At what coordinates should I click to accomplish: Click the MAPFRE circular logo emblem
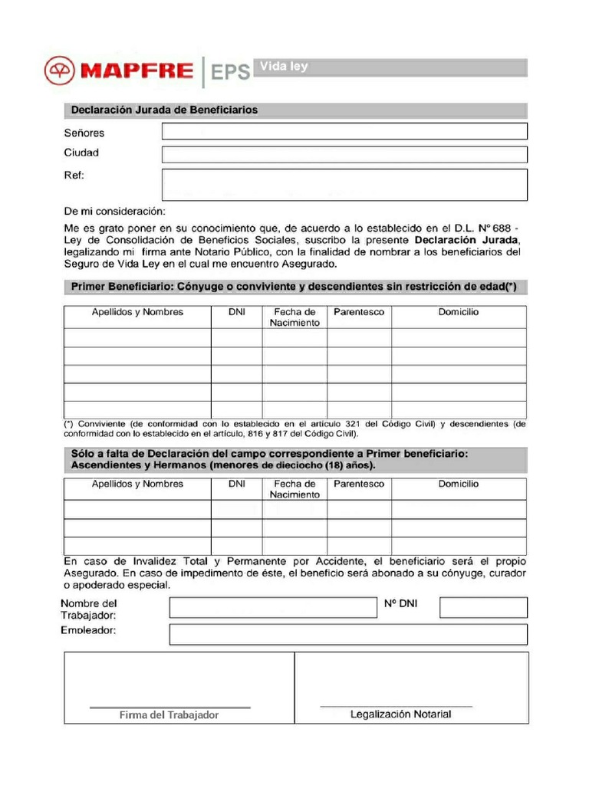tap(58, 72)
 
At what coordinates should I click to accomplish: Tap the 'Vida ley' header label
tap(284, 67)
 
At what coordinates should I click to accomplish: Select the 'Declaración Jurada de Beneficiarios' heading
tap(164, 110)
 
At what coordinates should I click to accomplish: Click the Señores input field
tap(344, 132)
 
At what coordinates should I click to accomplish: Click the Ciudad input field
tap(344, 154)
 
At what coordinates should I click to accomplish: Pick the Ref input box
tap(344, 185)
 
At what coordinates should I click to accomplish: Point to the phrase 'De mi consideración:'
tap(114, 211)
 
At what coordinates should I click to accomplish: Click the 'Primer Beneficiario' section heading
tap(294, 287)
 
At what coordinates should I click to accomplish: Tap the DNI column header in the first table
tap(237, 313)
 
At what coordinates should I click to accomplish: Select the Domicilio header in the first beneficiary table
tap(459, 313)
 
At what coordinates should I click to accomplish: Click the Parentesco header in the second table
tap(359, 484)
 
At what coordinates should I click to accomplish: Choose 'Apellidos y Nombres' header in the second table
tap(137, 484)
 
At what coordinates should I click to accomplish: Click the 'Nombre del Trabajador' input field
tap(272, 608)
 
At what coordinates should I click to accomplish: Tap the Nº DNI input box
tap(483, 608)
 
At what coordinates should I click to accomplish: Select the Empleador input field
tap(348, 635)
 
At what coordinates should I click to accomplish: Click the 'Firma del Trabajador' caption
tap(169, 715)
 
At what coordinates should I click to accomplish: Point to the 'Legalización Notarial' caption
tap(400, 714)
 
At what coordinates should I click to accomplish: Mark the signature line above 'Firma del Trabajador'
tap(170, 707)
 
